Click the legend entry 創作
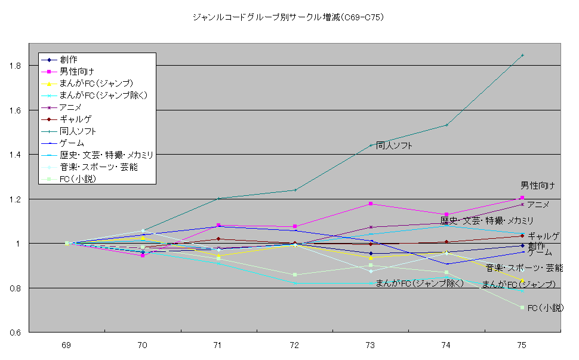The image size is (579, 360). [x=68, y=60]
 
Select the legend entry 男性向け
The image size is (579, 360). [x=76, y=72]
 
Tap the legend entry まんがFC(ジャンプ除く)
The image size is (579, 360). [x=103, y=96]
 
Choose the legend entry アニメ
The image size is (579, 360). [x=70, y=107]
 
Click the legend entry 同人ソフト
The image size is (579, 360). [x=78, y=131]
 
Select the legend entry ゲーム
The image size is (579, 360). [x=72, y=143]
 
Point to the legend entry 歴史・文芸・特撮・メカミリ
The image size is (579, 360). [x=106, y=155]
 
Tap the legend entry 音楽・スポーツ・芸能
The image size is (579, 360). [x=98, y=167]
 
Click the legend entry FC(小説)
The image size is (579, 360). [x=78, y=179]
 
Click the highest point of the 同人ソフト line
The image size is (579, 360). [x=522, y=56]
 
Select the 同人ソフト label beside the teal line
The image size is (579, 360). [x=394, y=146]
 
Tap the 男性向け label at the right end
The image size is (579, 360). [x=538, y=186]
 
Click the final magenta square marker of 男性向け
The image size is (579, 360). [x=522, y=198]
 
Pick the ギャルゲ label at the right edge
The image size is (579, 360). [x=543, y=236]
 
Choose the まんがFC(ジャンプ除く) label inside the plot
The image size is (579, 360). [x=420, y=283]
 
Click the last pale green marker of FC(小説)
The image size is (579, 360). [x=522, y=307]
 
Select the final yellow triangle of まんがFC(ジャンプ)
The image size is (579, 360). [x=522, y=281]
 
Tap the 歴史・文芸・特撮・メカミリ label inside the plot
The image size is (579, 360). [x=487, y=221]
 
